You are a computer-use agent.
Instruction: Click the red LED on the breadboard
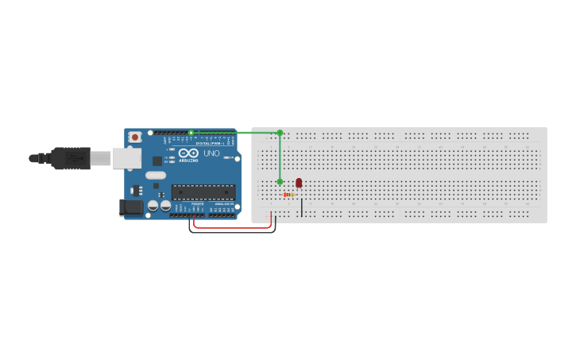point(299,183)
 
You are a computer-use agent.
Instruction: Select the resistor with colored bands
point(288,195)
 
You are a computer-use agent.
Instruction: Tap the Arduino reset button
point(135,137)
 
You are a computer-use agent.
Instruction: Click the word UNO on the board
point(211,153)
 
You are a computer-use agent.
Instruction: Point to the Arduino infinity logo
point(188,153)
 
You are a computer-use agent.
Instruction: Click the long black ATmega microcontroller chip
point(203,192)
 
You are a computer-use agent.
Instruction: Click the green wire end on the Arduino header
point(191,132)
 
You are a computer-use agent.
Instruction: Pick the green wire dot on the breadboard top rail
point(280,133)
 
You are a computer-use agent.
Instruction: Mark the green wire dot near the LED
point(280,182)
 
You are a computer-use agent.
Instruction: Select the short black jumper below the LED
point(302,207)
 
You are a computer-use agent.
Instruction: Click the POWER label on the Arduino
point(197,204)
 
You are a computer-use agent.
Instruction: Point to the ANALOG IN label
point(223,204)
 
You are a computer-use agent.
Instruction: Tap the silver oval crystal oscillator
point(156,175)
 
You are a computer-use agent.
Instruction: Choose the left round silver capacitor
point(153,206)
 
